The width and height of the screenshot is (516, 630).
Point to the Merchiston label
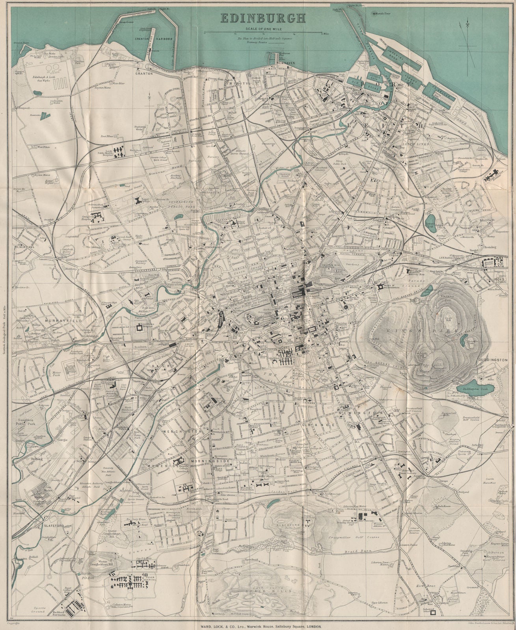pyautogui.click(x=183, y=432)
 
